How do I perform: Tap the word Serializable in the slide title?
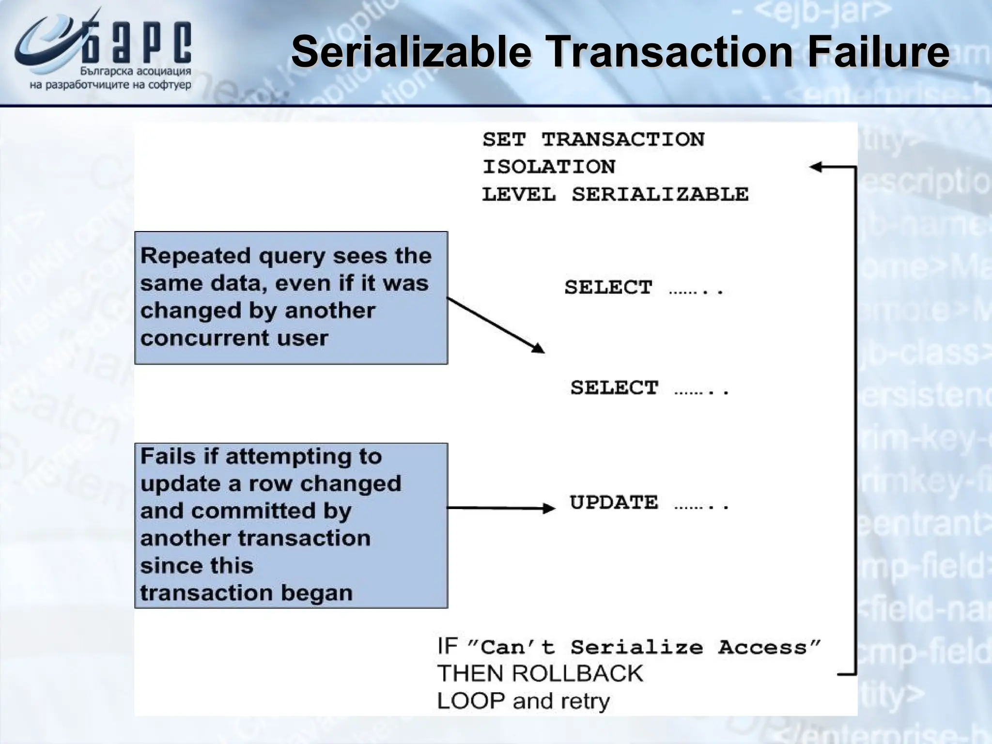(412, 52)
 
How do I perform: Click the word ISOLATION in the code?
(549, 167)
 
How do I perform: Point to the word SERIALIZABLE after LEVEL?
(660, 194)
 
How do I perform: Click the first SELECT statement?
(608, 287)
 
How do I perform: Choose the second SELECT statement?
(614, 387)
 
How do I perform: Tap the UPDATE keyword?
(614, 502)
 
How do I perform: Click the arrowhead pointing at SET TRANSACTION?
(816, 167)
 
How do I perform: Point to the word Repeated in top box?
(196, 255)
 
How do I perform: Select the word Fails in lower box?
(168, 456)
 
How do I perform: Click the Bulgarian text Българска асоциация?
(136, 72)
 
